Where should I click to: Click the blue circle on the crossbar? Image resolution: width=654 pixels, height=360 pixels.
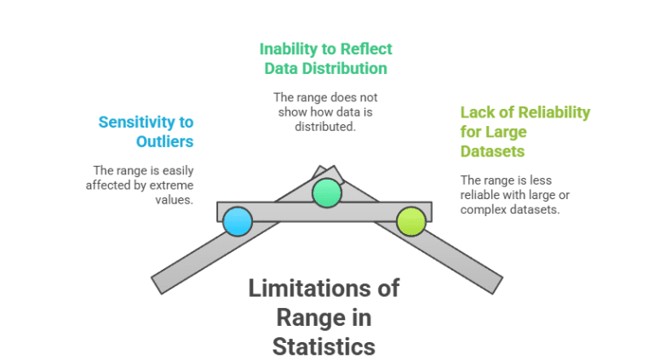coord(238,221)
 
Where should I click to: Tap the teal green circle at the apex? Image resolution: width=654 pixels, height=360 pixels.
coord(326,193)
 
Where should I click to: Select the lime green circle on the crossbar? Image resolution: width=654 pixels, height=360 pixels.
coord(411,221)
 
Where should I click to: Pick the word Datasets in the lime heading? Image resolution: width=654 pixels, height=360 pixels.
coord(492,151)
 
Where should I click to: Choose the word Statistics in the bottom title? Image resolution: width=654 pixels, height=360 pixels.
coord(324,346)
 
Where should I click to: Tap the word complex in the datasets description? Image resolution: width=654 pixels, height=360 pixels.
coord(484,209)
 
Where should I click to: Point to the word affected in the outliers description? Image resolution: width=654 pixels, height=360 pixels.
coord(106,185)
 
